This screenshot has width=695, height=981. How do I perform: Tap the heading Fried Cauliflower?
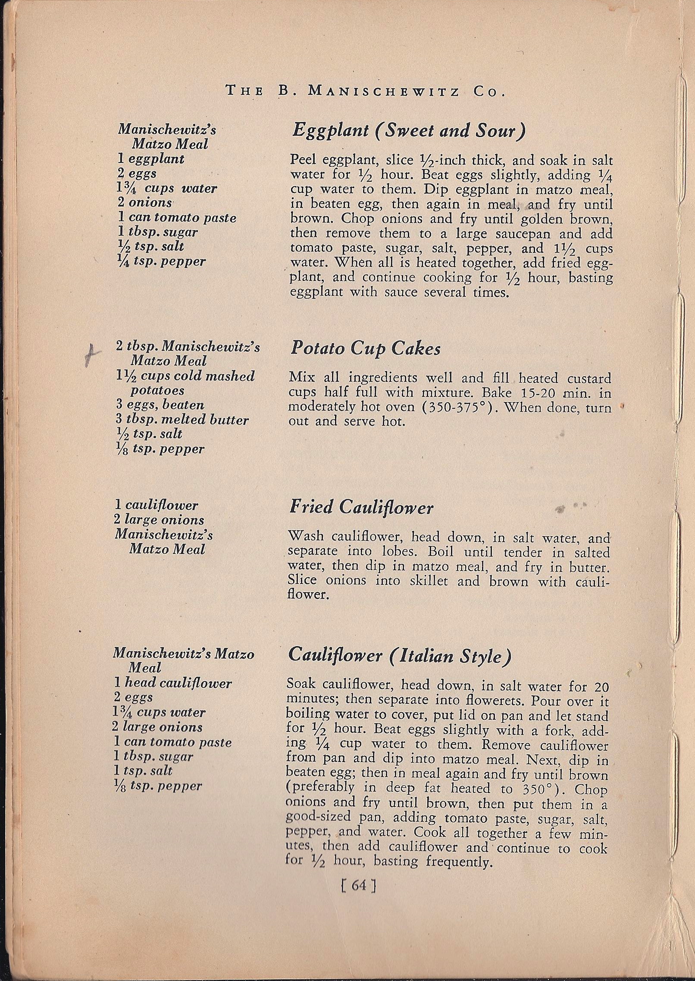(361, 507)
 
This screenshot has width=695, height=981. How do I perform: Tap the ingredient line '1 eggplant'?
(151, 159)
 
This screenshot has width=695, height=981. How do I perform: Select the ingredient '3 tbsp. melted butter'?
(182, 420)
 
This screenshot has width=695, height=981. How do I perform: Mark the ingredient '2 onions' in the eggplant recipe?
(145, 203)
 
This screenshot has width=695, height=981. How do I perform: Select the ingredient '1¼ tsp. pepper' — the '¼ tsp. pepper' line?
(162, 261)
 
